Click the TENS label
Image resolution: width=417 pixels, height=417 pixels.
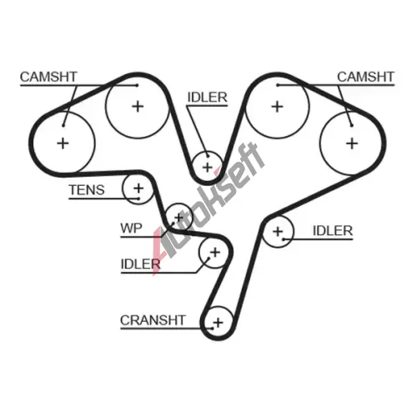[x=87, y=190]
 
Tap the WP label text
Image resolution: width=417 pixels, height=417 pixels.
[x=131, y=229]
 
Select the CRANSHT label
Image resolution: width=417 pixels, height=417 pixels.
[x=153, y=320]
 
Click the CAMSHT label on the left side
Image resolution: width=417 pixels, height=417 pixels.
[x=48, y=77]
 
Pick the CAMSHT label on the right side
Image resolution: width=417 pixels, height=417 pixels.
[x=365, y=77]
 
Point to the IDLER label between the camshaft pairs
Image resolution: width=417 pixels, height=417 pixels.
[x=208, y=98]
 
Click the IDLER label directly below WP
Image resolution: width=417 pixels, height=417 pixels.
[x=140, y=264]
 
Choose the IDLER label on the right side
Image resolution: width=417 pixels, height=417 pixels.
[x=333, y=231]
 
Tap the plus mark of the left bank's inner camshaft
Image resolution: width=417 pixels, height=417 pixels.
[x=138, y=106]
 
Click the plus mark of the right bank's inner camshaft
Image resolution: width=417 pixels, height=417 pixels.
[x=277, y=107]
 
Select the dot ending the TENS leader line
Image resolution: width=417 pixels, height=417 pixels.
[x=138, y=198]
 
